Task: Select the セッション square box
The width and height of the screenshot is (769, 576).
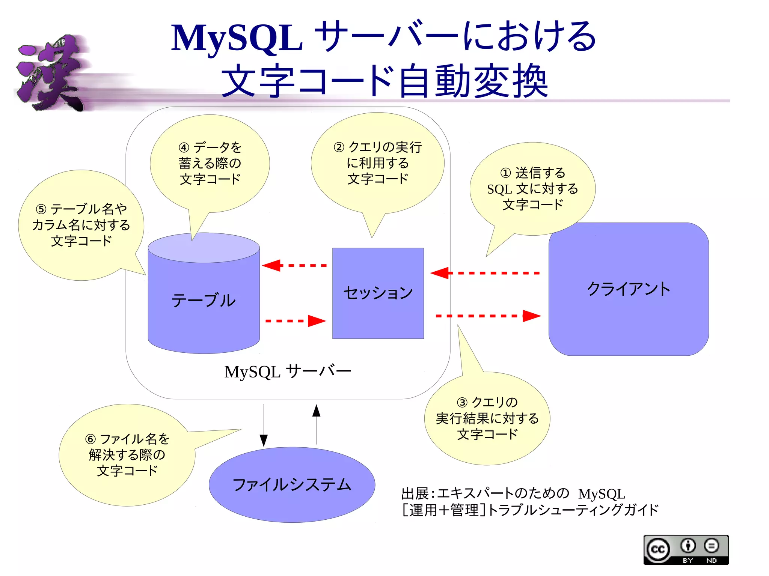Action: (378, 293)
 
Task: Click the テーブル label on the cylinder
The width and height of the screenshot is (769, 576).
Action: (204, 301)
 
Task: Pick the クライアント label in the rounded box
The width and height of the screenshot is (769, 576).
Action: (629, 289)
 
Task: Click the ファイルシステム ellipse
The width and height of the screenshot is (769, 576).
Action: (292, 484)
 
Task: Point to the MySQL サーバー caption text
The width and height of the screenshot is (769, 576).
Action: (287, 371)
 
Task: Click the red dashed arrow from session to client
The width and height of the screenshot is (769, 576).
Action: (488, 316)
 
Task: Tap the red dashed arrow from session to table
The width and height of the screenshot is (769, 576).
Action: (295, 265)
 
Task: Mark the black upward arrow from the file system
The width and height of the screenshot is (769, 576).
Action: (316, 424)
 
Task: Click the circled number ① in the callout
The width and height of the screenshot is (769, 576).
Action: (505, 173)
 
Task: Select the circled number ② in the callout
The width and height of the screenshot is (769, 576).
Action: (339, 147)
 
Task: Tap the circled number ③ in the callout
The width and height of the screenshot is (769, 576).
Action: (462, 403)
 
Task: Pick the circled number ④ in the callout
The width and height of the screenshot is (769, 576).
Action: (184, 147)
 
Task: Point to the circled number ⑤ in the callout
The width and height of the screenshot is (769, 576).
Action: (41, 209)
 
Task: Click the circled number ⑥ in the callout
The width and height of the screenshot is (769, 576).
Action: (90, 439)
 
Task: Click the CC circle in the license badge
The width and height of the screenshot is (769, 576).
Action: (657, 549)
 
